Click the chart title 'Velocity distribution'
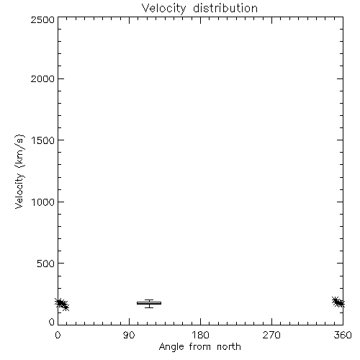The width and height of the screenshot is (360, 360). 199,9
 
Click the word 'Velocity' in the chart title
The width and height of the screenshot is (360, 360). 163,9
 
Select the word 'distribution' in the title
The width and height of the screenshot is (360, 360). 225,8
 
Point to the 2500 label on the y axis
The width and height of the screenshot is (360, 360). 42,19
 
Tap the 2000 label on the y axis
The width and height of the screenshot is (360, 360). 42,78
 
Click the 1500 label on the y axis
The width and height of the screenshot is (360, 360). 43,140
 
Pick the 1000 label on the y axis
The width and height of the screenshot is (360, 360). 43,202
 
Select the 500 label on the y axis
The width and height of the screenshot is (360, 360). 46,264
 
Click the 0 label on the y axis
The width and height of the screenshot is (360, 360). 52,322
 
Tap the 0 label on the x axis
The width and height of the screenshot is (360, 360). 58,335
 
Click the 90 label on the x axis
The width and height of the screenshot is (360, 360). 129,335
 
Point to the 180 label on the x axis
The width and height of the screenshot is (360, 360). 200,335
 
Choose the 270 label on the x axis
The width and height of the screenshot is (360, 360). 271,335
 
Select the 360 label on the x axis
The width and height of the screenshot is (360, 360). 343,335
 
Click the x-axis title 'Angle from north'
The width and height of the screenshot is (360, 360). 200,347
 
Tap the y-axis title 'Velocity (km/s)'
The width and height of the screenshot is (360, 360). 19,171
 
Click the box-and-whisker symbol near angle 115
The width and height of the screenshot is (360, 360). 149,303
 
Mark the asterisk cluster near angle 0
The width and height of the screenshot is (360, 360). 62,304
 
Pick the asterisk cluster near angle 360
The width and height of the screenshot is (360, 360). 338,302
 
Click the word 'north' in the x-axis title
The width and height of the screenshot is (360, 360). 229,346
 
